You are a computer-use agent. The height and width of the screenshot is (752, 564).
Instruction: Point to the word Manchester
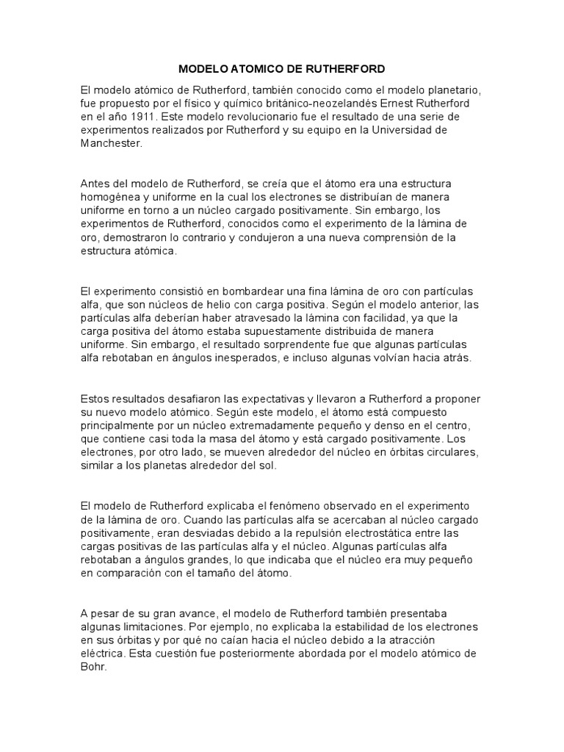(110, 144)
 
